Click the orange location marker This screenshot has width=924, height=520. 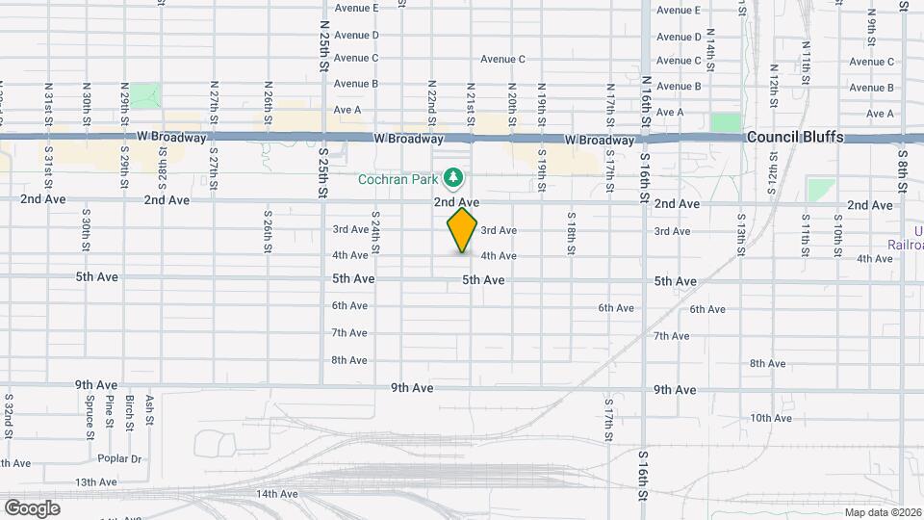point(463,228)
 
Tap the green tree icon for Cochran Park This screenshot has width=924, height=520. point(453,178)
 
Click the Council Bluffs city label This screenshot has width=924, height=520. point(795,137)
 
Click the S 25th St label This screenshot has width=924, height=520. point(323,173)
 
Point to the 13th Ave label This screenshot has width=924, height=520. point(96,482)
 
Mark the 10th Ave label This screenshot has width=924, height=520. point(771,418)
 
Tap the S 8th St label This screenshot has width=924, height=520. point(902,168)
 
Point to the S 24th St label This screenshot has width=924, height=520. point(374,233)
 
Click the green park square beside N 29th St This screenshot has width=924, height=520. point(145,95)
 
